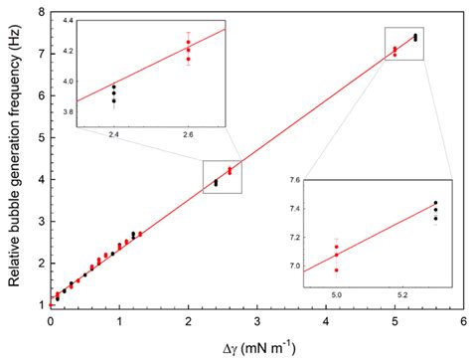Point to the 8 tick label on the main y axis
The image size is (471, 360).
[37, 12]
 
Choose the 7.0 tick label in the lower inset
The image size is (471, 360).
[293, 266]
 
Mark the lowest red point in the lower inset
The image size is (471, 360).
[336, 270]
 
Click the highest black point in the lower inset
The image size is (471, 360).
[435, 203]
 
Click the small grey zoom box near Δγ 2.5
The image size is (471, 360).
[223, 176]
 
